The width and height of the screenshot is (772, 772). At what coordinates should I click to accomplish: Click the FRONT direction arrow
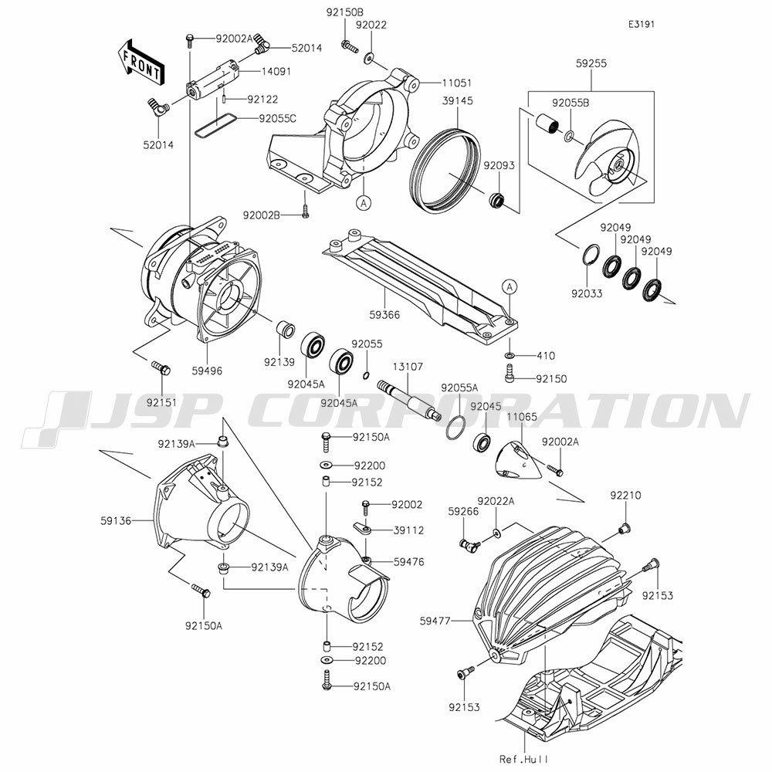pos(141,61)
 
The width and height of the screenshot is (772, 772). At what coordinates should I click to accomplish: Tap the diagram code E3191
pos(641,24)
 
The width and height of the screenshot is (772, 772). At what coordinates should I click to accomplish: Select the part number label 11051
pos(456,83)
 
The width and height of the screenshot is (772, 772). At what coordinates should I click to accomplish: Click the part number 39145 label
pos(457,101)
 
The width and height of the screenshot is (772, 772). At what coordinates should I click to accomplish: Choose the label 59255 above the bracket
pos(591,63)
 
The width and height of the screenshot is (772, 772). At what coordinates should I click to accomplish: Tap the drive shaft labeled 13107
pos(408,399)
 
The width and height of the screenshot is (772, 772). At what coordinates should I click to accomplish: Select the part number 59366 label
pos(384,315)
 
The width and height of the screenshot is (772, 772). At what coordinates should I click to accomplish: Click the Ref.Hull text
pos(523,759)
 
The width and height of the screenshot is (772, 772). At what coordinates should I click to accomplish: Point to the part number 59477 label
pos(435,621)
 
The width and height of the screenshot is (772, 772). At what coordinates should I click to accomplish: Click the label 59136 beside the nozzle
pos(116,520)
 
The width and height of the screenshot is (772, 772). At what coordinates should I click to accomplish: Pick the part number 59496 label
pos(207,371)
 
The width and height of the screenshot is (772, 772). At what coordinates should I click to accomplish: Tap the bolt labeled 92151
pos(161,367)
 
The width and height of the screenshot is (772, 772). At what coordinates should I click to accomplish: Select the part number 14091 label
pos(276,71)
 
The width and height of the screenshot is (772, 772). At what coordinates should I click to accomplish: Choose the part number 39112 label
pos(408,530)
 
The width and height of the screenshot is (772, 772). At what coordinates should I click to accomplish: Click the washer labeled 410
pos(510,355)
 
